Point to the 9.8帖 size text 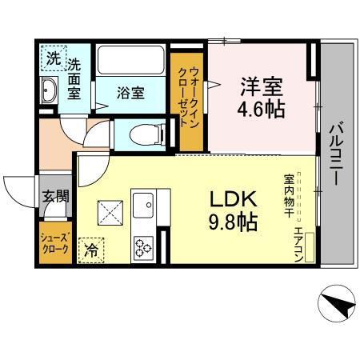pos(233,222)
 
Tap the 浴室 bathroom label pos(131,93)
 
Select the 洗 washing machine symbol pos(51,58)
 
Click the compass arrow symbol pos(336,303)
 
